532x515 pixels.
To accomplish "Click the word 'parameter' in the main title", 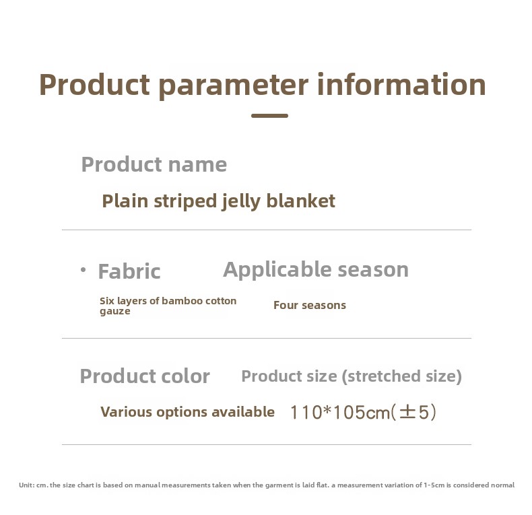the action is tap(234, 86).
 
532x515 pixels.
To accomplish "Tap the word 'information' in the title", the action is tap(401, 84).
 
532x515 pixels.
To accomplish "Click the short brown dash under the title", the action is tap(270, 116).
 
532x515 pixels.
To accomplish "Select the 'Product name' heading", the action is tap(154, 164).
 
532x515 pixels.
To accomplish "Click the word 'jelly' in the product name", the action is tap(241, 201).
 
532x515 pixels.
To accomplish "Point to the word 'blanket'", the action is tap(301, 201).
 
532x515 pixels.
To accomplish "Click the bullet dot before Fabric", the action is tap(83, 270).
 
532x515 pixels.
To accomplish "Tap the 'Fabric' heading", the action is tap(129, 271).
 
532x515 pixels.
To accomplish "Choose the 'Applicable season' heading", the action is tap(316, 270).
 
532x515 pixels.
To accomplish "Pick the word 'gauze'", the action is tap(114, 312).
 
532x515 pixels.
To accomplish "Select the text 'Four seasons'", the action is tap(310, 306).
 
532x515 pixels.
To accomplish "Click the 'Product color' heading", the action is tap(145, 376).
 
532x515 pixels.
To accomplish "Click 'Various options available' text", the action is tap(188, 412).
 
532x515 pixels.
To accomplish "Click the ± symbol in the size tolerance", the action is tap(407, 412).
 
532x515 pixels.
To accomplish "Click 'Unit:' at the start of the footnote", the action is tap(26, 485).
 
